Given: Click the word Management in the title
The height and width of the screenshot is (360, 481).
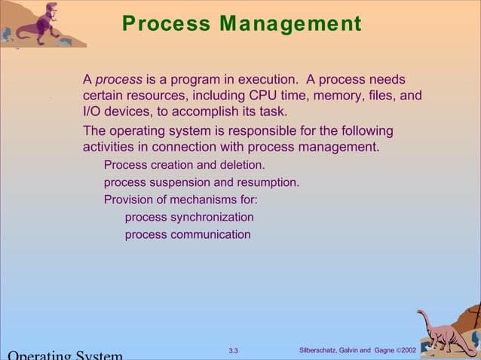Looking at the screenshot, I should [x=290, y=24].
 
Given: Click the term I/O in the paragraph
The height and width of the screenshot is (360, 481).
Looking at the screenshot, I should [x=93, y=112].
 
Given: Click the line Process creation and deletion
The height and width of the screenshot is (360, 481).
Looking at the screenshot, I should [x=184, y=165].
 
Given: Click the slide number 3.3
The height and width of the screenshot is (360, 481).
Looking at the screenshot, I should [x=233, y=351].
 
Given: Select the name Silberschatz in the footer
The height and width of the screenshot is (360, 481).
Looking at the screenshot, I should [x=320, y=351].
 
